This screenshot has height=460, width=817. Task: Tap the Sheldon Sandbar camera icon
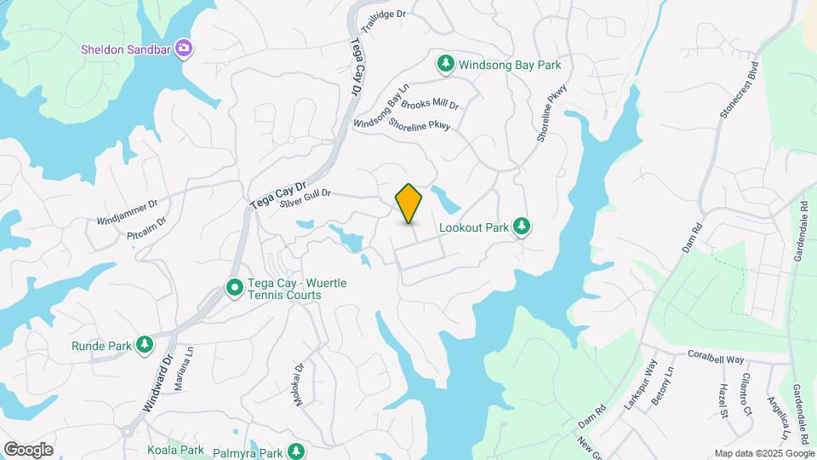(183, 49)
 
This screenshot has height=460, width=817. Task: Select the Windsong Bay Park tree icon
(445, 63)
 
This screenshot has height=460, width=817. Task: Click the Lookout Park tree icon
(522, 227)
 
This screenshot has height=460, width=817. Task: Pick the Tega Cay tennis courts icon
(234, 289)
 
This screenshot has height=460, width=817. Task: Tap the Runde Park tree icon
(146, 345)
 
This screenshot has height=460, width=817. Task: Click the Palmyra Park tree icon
(295, 450)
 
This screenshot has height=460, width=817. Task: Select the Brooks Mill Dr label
(430, 105)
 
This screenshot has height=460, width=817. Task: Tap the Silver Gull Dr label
(304, 198)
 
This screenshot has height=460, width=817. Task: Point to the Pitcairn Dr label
(146, 227)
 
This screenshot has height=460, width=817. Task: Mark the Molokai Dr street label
(300, 384)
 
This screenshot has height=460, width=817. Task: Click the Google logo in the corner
(28, 450)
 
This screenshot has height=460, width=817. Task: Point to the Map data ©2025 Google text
(764, 453)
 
